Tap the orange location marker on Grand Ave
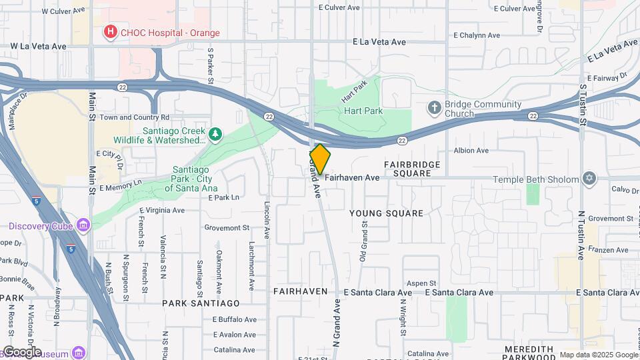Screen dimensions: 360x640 pyautogui.click(x=320, y=160)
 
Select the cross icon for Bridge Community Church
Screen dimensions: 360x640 pyautogui.click(x=434, y=107)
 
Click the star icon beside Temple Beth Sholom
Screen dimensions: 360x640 pyautogui.click(x=588, y=178)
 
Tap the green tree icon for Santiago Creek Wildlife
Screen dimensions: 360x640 pyautogui.click(x=215, y=135)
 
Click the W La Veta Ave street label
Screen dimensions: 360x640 pyautogui.click(x=39, y=46)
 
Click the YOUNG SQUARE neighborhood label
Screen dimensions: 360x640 pyautogui.click(x=386, y=213)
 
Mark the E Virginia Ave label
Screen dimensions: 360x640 pyautogui.click(x=162, y=210)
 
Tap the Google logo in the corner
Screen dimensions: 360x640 pyautogui.click(x=21, y=352)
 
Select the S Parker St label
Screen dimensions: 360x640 pyautogui.click(x=209, y=65)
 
